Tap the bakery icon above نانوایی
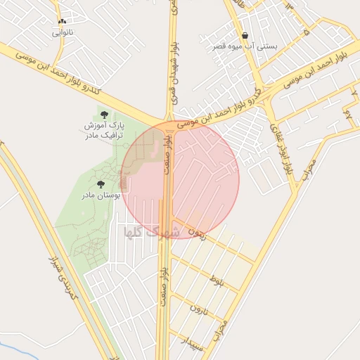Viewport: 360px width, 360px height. point(63,22)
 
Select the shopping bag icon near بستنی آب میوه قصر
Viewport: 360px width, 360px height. point(244,36)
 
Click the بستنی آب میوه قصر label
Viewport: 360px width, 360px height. point(245,46)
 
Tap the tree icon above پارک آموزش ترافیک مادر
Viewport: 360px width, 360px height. point(104,113)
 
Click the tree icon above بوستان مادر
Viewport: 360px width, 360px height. point(110,184)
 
